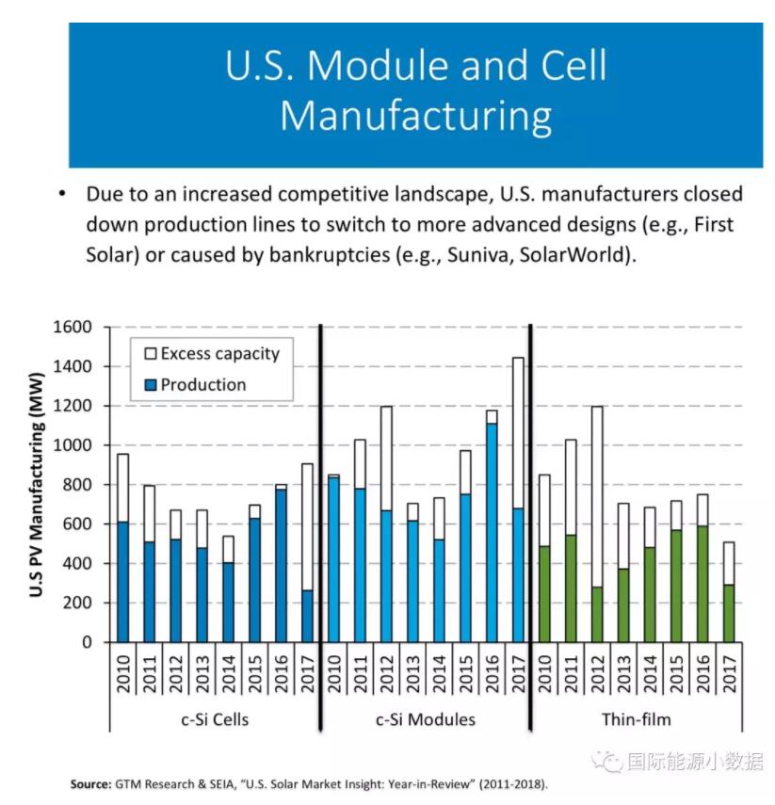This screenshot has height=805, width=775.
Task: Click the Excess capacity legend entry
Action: click(219, 354)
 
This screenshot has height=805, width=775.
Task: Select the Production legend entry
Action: click(202, 384)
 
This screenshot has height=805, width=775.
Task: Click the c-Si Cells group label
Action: click(215, 719)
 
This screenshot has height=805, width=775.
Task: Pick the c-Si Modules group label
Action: click(426, 719)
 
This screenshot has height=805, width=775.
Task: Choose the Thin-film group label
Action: click(636, 719)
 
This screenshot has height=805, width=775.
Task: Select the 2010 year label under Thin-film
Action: click(544, 671)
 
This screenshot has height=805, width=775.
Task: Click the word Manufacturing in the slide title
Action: click(415, 116)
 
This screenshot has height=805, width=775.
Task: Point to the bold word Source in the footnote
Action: click(90, 783)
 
